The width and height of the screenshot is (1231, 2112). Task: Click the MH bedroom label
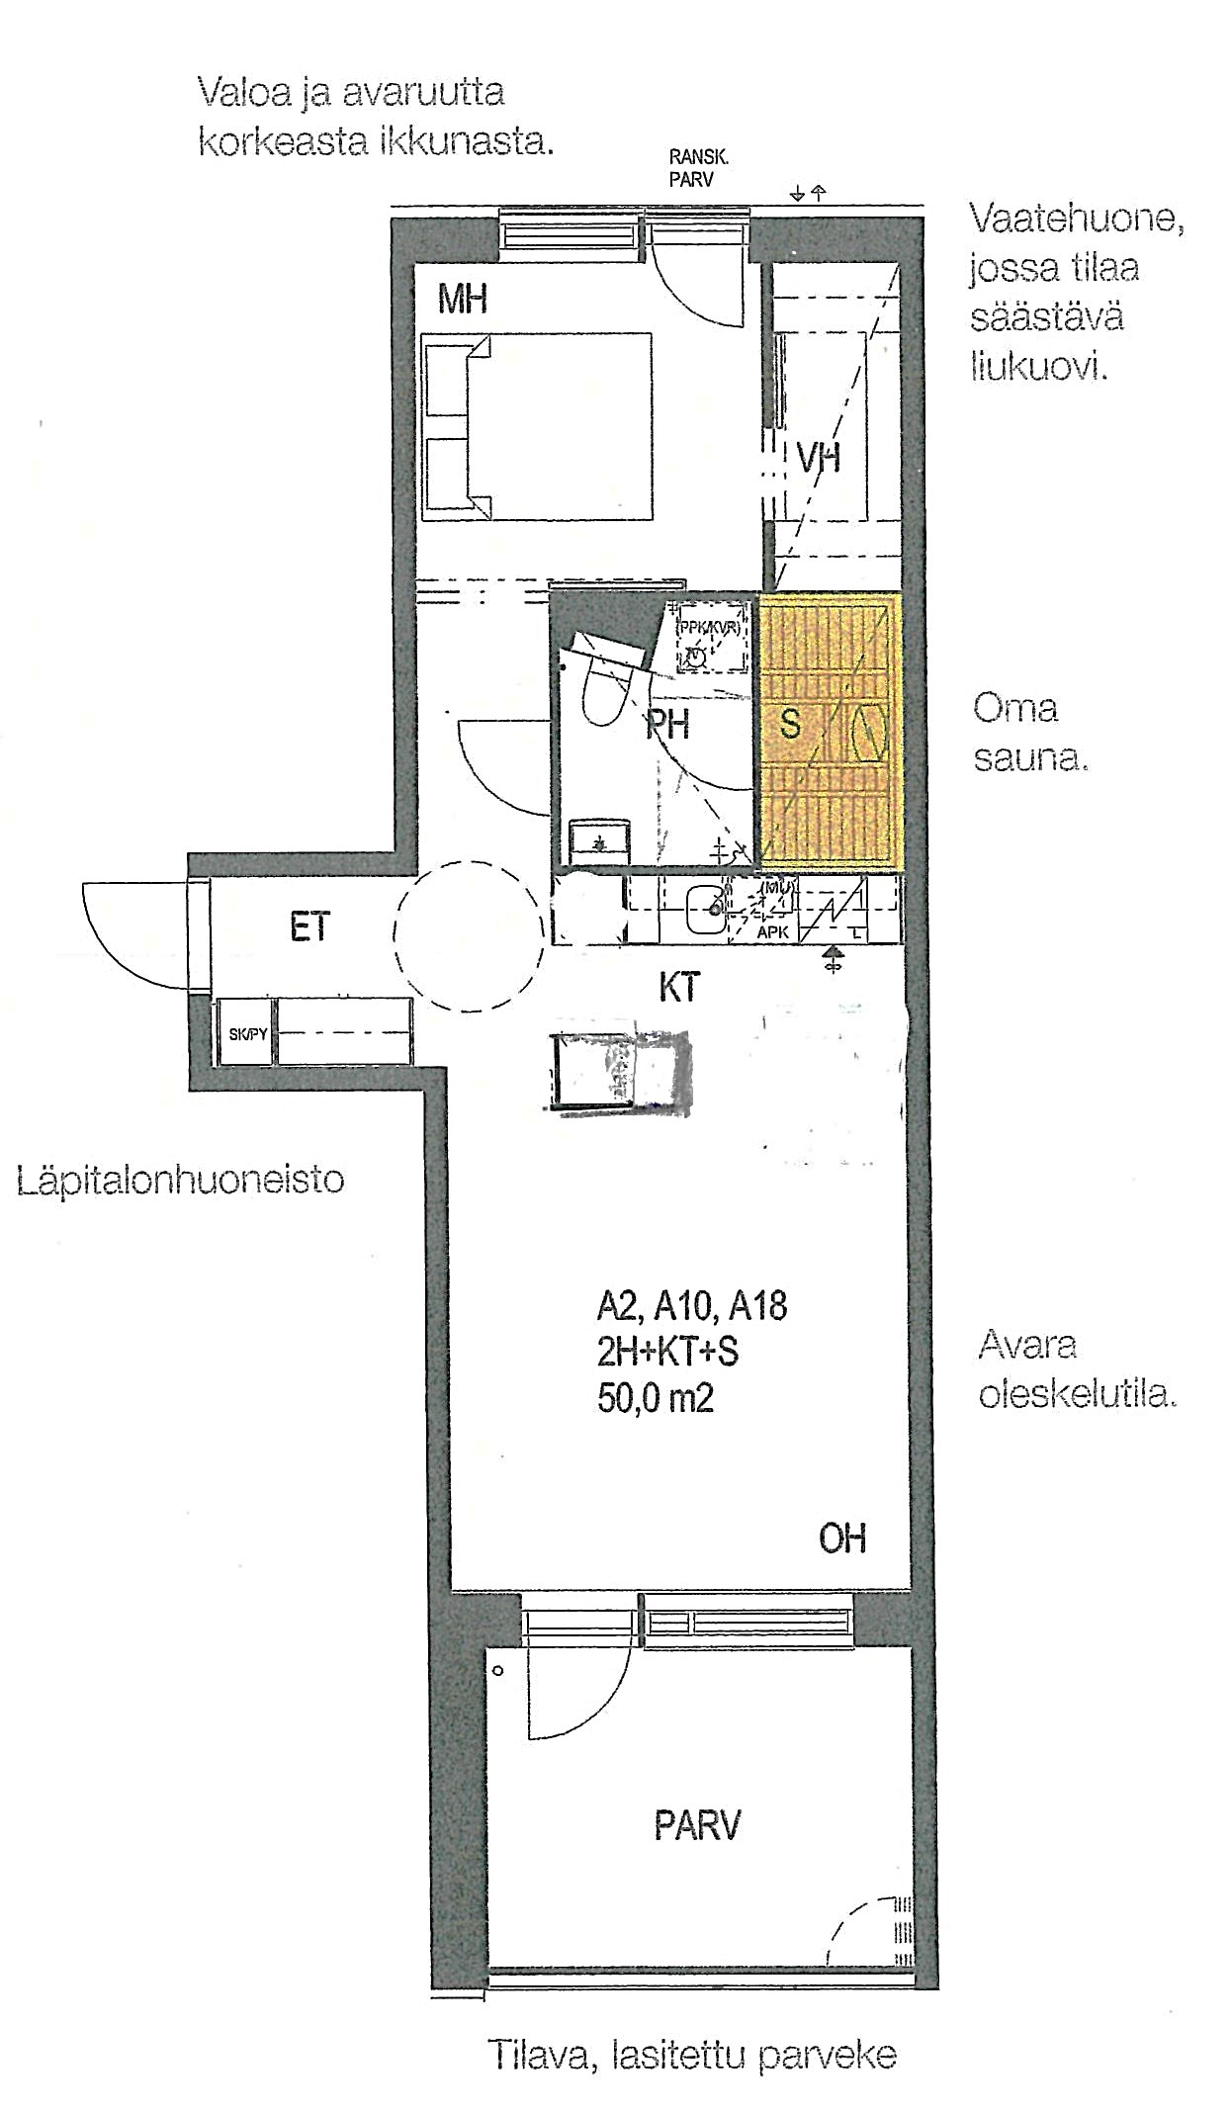pyautogui.click(x=463, y=299)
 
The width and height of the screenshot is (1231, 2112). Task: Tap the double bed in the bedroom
pyautogui.click(x=538, y=426)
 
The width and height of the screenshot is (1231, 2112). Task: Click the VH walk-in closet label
pyautogui.click(x=819, y=458)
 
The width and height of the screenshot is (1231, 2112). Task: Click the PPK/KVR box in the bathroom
pyautogui.click(x=708, y=640)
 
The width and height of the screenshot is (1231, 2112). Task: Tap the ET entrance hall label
pyautogui.click(x=309, y=927)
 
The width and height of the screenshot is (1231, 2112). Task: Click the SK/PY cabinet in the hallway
pyautogui.click(x=246, y=1034)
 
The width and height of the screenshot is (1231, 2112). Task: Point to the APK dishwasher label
pyautogui.click(x=772, y=931)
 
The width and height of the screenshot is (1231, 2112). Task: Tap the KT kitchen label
pyautogui.click(x=678, y=987)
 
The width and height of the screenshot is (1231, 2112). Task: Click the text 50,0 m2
pyautogui.click(x=655, y=1398)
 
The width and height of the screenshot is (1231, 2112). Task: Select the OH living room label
pyautogui.click(x=841, y=1539)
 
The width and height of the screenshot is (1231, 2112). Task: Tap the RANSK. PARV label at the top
pyautogui.click(x=698, y=168)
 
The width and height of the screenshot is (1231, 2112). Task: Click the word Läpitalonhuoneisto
pyautogui.click(x=181, y=1180)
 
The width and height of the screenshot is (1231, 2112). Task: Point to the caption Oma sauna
pyautogui.click(x=1028, y=733)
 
